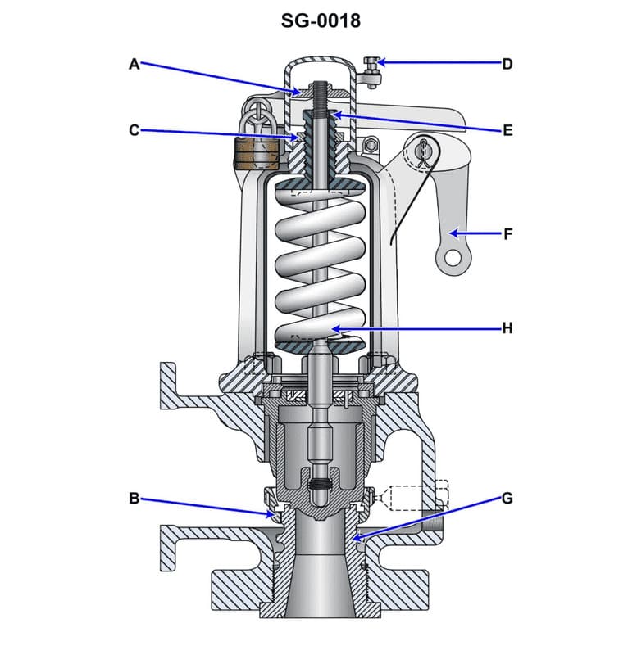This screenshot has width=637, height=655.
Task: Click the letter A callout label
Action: click(x=134, y=63)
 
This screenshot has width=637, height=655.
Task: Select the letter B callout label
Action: click(x=134, y=497)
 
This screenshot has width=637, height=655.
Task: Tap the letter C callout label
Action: click(x=134, y=129)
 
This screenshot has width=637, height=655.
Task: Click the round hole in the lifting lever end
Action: click(x=449, y=259)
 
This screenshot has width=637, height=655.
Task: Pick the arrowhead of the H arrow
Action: click(x=331, y=327)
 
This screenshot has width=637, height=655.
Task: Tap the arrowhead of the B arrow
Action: click(x=275, y=515)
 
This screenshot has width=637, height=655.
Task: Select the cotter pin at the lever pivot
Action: click(x=424, y=152)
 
